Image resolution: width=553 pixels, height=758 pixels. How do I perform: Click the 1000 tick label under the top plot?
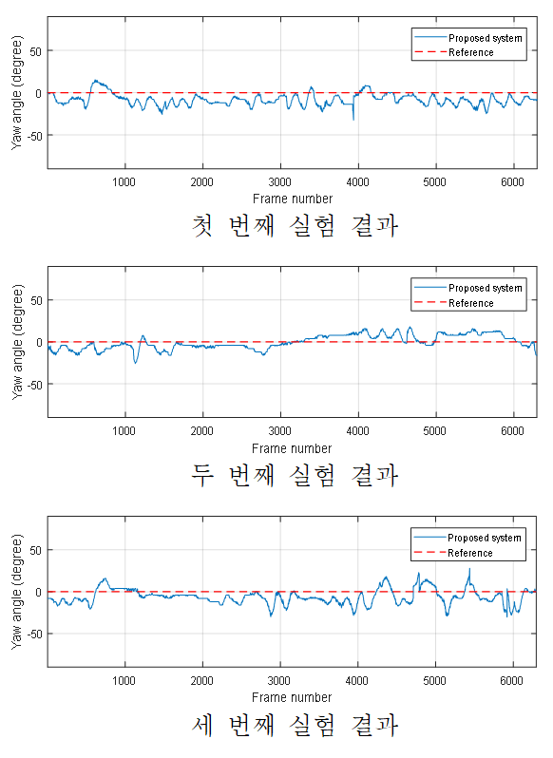tap(124, 182)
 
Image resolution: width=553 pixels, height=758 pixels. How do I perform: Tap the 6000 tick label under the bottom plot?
tap(512, 681)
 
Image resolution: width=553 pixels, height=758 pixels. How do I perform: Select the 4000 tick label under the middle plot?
tap(357, 431)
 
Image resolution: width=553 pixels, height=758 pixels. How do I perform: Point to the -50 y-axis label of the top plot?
tap(34, 136)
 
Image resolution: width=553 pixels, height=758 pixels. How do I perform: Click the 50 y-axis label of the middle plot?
tap(36, 300)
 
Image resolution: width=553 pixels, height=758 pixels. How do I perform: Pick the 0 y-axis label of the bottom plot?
tap(39, 592)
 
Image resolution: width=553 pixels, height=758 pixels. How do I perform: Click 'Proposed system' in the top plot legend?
tap(486, 38)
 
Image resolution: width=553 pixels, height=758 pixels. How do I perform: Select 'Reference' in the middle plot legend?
tap(471, 303)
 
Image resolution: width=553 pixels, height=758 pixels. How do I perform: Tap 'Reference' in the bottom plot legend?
tap(469, 553)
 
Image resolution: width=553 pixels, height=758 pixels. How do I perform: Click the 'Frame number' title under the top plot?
tap(293, 199)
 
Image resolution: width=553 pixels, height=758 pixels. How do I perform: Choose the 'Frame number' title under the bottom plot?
tap(292, 697)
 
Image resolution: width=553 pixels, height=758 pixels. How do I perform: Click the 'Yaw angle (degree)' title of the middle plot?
tap(17, 342)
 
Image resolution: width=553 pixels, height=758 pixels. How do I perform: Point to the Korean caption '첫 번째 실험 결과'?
tap(295, 226)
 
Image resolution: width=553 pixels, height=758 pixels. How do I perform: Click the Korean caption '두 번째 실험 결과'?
tap(295, 475)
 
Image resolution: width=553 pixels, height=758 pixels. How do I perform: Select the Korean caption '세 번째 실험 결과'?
tap(295, 725)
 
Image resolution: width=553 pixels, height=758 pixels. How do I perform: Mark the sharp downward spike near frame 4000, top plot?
tap(353, 120)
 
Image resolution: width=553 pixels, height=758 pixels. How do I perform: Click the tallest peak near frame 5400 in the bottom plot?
tap(468, 570)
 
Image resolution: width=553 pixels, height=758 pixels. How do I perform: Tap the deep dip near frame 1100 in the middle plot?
tap(135, 363)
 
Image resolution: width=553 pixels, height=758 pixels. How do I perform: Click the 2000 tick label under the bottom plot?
tap(201, 681)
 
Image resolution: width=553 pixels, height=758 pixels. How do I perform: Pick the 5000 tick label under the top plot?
tap(434, 182)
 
